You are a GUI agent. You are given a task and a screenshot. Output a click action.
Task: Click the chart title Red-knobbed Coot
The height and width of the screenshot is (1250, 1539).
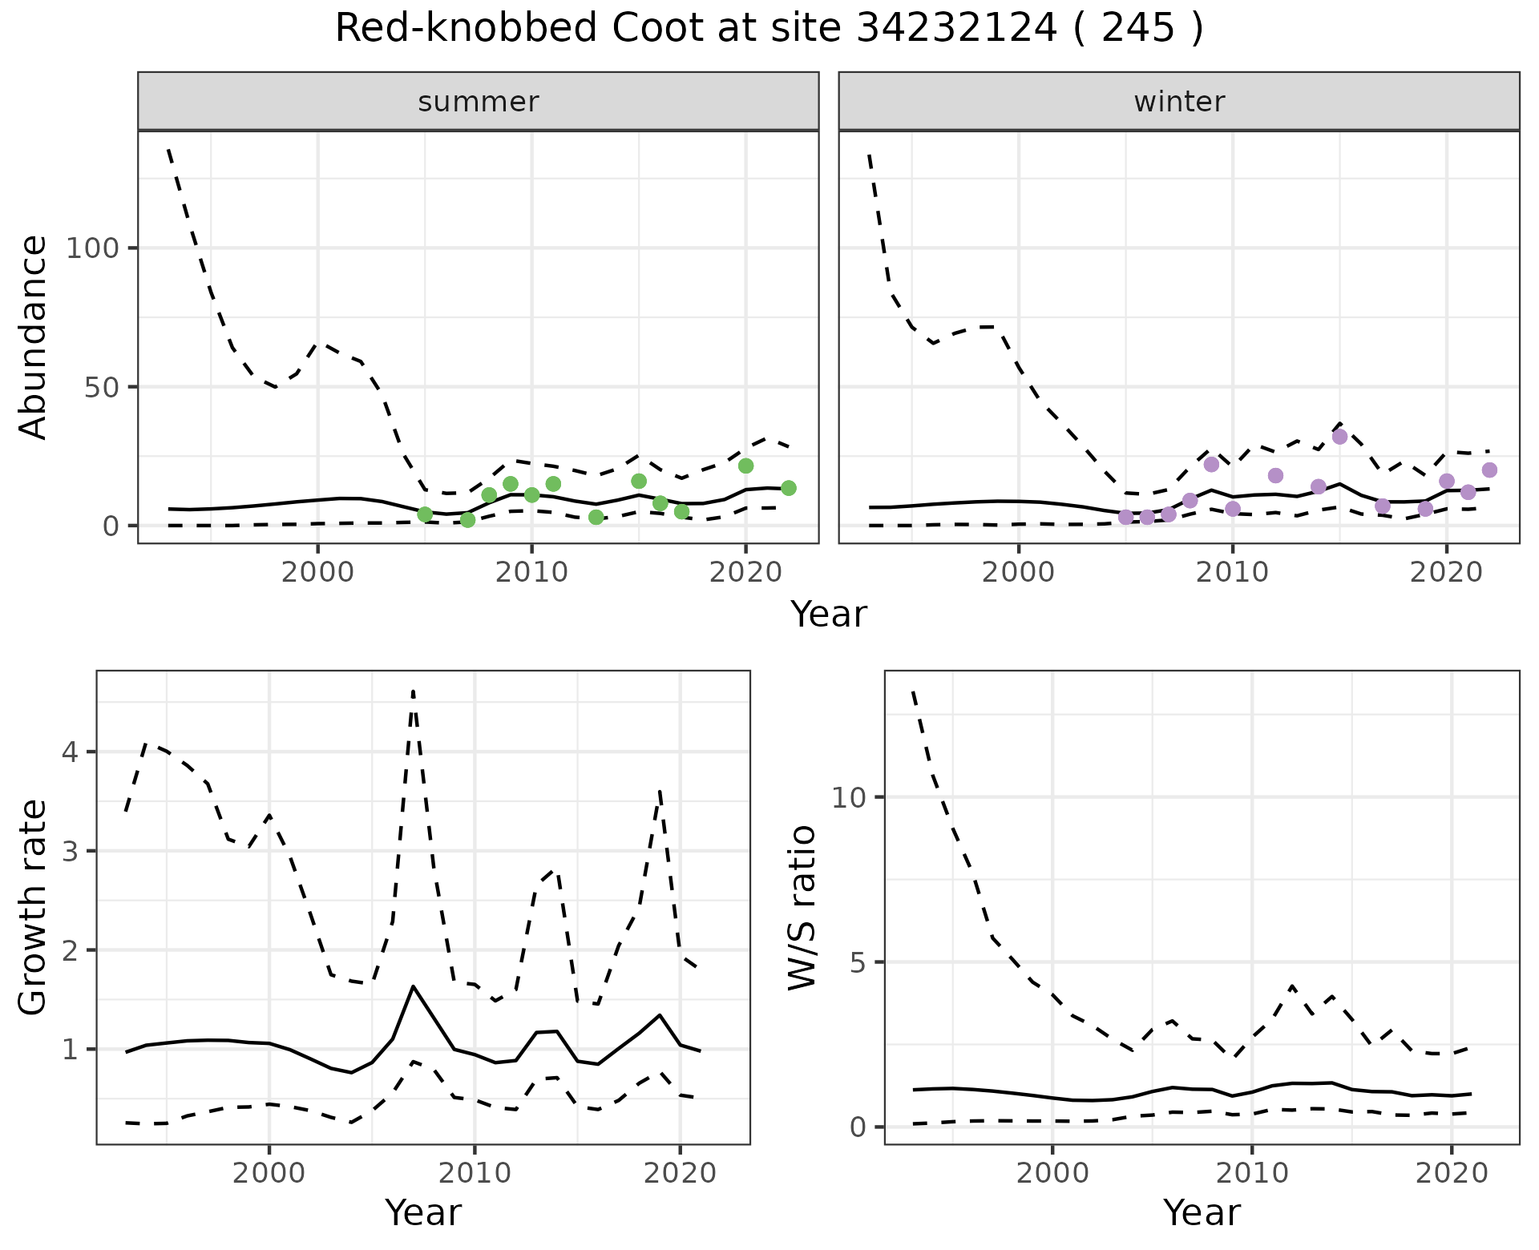[x=768, y=29]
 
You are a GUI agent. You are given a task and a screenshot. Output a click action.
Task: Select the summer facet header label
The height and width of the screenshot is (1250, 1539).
[x=479, y=102]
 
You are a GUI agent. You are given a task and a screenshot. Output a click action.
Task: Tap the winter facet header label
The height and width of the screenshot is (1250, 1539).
[x=1179, y=102]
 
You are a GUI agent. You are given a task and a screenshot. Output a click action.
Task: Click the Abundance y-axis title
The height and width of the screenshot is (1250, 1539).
[x=33, y=337]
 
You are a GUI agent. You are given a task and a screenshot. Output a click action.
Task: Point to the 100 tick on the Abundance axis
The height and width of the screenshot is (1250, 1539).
[x=91, y=248]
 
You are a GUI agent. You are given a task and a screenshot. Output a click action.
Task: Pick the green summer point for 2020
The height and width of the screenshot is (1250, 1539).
[x=745, y=466]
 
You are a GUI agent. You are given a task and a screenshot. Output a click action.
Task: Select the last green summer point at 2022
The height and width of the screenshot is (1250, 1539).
[x=788, y=488]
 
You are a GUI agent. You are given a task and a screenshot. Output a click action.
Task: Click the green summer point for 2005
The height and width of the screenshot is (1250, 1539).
[x=425, y=514]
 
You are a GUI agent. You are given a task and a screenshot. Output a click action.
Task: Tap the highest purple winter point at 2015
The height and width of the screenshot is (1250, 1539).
[x=1339, y=437]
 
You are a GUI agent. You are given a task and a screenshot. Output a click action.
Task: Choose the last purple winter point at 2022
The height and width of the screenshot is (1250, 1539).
[x=1489, y=470]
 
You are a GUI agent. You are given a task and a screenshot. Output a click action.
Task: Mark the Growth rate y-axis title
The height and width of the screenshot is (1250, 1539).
[x=33, y=908]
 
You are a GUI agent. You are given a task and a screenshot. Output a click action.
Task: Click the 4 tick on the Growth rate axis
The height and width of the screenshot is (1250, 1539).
[x=70, y=752]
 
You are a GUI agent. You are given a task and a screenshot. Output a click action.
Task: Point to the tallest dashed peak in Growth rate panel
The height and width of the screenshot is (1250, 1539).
[x=413, y=691]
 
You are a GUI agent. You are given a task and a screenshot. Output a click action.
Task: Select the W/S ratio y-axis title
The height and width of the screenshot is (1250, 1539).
[x=802, y=908]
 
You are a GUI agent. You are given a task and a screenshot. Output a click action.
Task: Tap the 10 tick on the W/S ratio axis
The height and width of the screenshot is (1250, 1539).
[x=849, y=797]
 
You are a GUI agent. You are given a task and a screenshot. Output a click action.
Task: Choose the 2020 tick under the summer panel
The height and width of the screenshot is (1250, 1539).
[x=745, y=573]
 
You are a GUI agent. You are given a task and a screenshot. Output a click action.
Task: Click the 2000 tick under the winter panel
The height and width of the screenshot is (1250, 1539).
[x=1019, y=573]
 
